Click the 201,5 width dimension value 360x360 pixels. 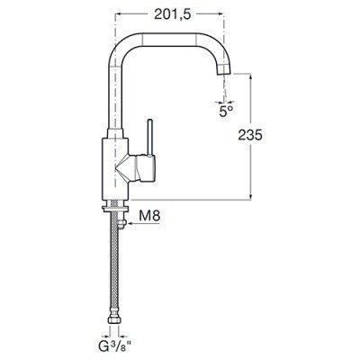(173, 14)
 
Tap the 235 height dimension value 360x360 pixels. (250, 135)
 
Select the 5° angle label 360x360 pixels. (226, 112)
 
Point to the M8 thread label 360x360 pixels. (150, 215)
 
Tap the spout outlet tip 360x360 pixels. (224, 70)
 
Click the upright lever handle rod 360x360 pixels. (150, 138)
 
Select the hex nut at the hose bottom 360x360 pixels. (114, 319)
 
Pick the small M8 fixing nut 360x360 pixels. (122, 223)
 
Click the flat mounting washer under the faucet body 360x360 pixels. (115, 209)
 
